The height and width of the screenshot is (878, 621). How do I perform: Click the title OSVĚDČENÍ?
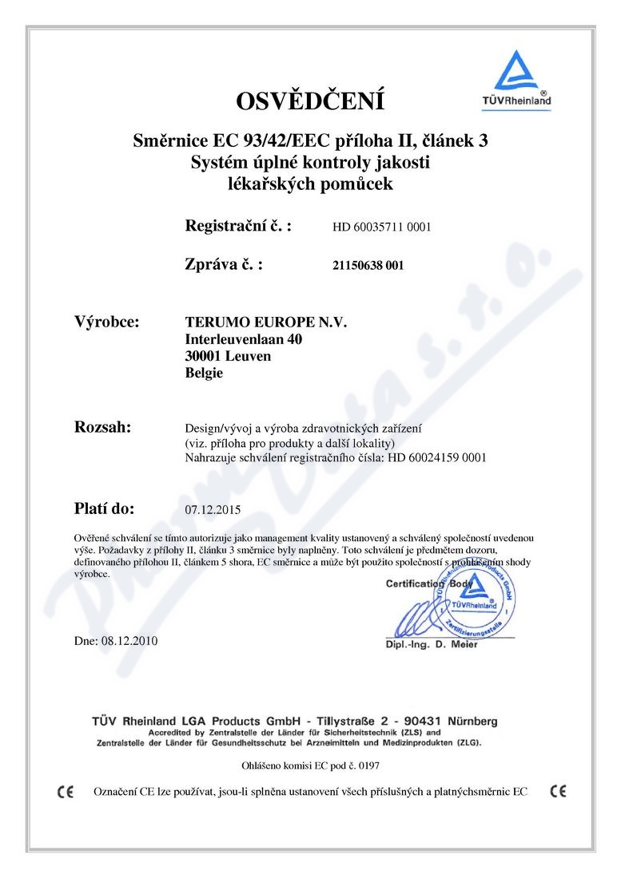pos(310,101)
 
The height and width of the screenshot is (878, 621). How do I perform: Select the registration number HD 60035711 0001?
pos(382,227)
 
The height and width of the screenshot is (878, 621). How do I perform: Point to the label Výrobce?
pos(107,322)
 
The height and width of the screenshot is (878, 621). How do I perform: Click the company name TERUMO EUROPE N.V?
pos(267,322)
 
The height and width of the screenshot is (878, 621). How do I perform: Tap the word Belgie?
pos(204,373)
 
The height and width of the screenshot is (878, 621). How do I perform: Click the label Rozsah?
pos(103,427)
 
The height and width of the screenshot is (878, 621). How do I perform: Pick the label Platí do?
pos(105,507)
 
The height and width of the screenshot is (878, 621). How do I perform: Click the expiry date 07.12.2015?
pos(212,508)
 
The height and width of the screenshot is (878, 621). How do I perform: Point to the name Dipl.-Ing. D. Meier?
pos(432,644)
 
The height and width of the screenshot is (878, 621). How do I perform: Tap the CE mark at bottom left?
pos(66,792)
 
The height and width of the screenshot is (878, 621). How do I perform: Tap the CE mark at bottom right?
pos(559,792)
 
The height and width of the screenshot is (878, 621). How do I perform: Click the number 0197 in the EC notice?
pos(368,765)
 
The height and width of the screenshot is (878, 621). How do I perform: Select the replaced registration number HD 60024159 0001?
pos(437,458)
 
